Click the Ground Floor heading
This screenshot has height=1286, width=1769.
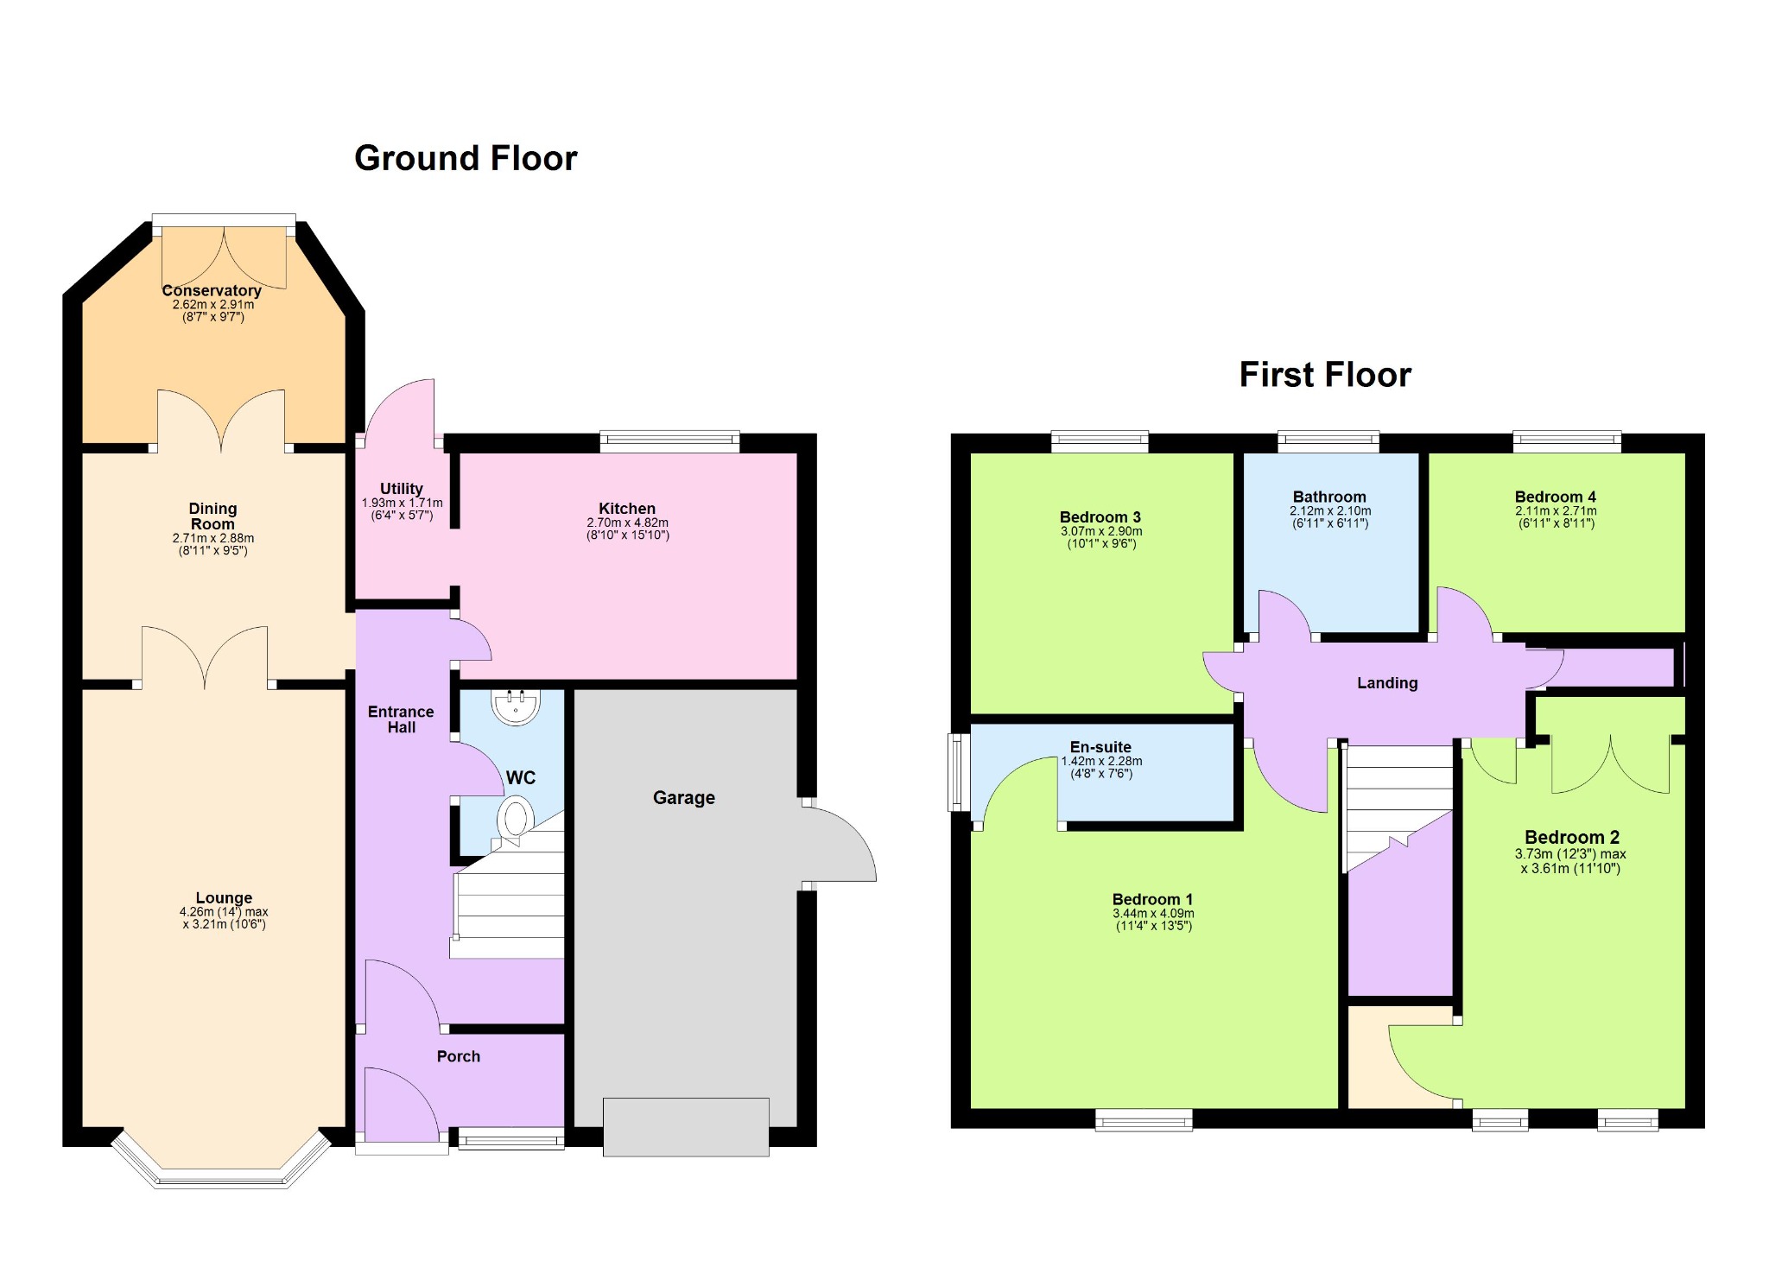[466, 159]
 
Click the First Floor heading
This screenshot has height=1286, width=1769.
[1325, 375]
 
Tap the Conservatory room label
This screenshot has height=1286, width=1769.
[212, 291]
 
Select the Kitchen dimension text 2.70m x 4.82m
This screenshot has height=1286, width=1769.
[628, 523]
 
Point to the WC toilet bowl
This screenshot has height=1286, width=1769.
[515, 818]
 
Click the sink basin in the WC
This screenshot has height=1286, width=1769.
[516, 706]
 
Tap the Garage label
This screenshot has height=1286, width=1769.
[684, 798]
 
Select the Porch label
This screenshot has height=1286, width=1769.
[459, 1056]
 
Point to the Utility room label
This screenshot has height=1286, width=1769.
[402, 489]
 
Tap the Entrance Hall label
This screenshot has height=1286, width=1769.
[401, 719]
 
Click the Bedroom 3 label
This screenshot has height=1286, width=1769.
[1100, 517]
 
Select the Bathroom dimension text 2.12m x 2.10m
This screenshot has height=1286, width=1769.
[1330, 510]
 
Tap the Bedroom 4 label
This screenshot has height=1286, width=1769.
[1556, 497]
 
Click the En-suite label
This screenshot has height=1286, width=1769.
[1100, 747]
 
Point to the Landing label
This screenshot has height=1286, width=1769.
[1387, 683]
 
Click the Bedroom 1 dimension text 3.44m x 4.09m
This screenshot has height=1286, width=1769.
[1154, 913]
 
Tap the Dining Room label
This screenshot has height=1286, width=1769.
[212, 516]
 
